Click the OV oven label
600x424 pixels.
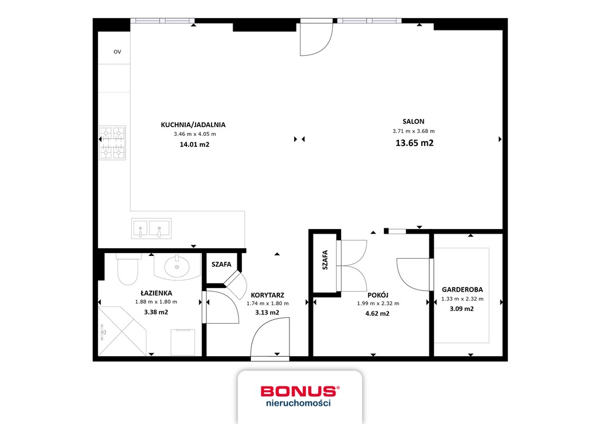117,52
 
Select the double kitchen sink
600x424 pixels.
151,228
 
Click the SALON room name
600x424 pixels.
413,121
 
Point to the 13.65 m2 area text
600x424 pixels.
414,143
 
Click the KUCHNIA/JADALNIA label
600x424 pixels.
193,125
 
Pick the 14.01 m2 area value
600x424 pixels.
194,144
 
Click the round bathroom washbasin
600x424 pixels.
176,268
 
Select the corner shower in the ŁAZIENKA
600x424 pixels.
122,331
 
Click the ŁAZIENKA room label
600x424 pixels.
156,293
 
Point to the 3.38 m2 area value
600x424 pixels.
156,312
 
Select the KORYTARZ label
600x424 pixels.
267,295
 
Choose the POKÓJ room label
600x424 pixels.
378,295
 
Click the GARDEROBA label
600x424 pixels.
462,289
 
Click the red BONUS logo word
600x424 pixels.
299,391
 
